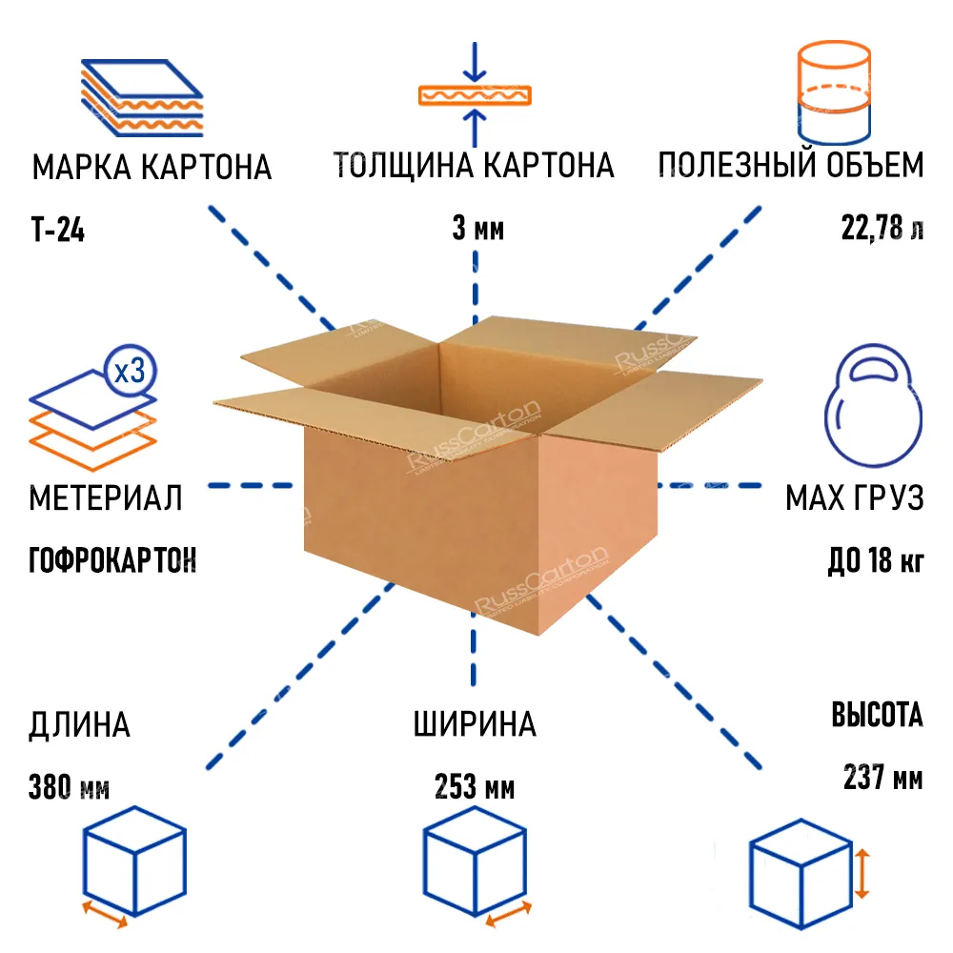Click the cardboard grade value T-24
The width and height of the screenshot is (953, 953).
click(58, 230)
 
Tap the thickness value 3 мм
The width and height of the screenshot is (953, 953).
click(477, 229)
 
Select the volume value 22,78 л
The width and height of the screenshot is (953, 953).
click(882, 229)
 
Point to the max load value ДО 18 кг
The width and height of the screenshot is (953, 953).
click(876, 560)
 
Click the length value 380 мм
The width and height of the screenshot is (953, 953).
click(69, 787)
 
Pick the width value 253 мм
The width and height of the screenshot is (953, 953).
click(475, 787)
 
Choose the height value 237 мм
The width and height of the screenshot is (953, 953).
click(883, 777)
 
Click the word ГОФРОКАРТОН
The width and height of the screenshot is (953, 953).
click(112, 559)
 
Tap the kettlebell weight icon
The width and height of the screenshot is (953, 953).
click(873, 405)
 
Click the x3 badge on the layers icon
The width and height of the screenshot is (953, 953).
click(130, 371)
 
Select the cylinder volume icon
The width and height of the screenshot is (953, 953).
click(834, 92)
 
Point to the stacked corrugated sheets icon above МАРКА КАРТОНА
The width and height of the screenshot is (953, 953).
click(142, 98)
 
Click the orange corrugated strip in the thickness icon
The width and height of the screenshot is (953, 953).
click(475, 95)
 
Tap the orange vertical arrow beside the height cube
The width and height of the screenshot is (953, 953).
click(862, 874)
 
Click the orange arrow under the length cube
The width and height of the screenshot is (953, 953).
click(105, 915)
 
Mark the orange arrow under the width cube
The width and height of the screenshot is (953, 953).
click(509, 914)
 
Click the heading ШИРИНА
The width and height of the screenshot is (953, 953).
click(475, 724)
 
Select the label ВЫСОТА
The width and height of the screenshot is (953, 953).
click(877, 715)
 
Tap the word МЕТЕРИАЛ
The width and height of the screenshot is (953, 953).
click(106, 497)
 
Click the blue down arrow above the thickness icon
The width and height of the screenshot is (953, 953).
click(475, 61)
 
